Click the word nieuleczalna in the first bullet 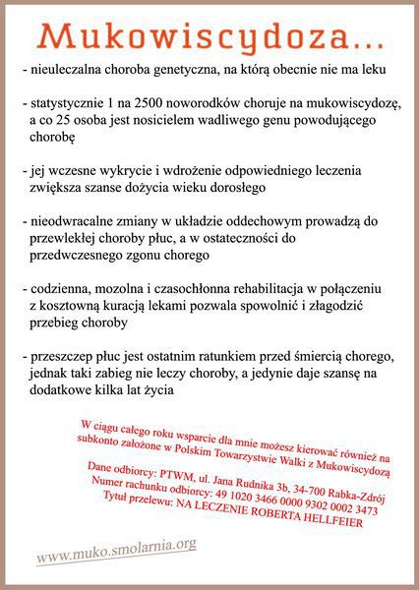coord(68,70)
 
